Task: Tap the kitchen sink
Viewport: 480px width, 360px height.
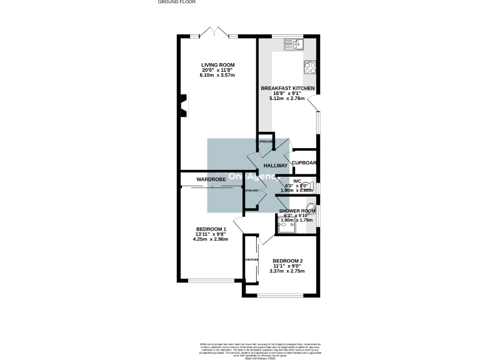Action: tap(292, 44)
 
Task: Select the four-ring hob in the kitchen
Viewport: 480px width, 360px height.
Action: tap(310, 67)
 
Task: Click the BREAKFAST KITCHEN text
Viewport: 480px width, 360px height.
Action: tap(287, 88)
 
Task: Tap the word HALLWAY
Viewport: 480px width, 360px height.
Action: tap(275, 166)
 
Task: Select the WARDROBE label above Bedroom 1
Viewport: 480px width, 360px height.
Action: tap(211, 179)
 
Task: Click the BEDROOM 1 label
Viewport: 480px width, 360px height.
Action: tap(211, 229)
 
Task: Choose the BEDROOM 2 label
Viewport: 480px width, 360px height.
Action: tap(287, 261)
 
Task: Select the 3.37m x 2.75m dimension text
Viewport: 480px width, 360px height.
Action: tap(287, 271)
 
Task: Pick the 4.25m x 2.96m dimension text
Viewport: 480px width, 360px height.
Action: tap(211, 239)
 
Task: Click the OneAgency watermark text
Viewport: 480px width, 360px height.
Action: tap(243, 177)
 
